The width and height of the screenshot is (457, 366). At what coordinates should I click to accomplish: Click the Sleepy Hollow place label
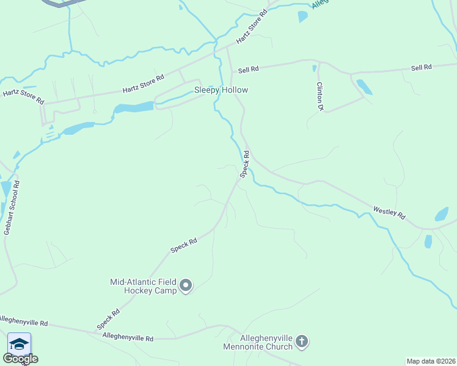coord(221,90)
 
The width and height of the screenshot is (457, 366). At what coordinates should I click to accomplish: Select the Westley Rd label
coord(389,213)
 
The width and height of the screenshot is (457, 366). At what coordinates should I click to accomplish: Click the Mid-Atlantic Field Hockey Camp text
coord(143,286)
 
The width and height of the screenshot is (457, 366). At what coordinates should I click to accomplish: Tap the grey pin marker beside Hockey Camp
coord(186,285)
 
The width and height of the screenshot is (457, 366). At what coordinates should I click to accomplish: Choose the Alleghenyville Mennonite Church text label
coord(258,343)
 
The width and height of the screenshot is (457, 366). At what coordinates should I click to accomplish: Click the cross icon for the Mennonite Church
coord(302,342)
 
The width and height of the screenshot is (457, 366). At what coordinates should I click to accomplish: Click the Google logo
coord(20,358)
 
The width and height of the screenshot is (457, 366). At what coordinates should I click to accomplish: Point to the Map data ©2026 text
coord(431,361)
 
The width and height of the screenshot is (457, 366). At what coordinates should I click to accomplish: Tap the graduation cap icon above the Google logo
coord(19,344)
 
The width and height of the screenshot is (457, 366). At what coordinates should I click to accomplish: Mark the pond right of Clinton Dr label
coord(364,87)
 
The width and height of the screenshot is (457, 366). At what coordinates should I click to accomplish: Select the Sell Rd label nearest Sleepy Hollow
coord(249,70)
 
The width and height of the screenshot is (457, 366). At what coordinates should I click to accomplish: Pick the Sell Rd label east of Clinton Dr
coord(422,67)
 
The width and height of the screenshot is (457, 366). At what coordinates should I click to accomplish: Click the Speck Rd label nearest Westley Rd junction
coord(245,164)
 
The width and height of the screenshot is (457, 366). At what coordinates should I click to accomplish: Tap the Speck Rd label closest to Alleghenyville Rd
coord(108,319)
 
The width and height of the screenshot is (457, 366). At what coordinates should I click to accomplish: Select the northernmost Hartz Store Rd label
coord(252,26)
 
